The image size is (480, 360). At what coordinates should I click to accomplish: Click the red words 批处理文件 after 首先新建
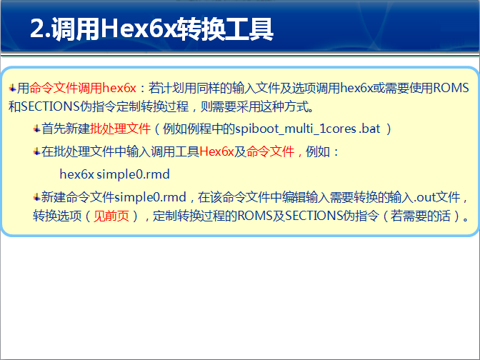coord(121,129)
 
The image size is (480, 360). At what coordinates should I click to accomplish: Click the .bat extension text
coord(369,129)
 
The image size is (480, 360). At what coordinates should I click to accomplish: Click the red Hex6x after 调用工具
coord(216,152)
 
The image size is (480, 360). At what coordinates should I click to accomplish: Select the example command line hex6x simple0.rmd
coord(114,174)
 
